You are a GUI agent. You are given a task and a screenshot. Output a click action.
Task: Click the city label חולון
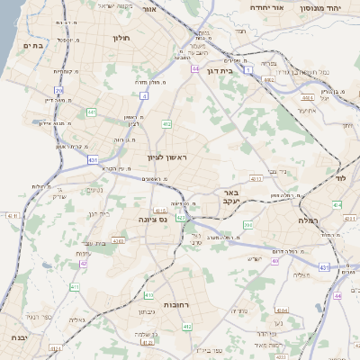point(122,39)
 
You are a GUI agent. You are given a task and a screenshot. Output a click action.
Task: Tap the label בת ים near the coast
point(33,45)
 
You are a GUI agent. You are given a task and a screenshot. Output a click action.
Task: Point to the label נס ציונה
point(153,219)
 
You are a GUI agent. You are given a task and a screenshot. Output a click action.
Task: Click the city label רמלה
point(309,220)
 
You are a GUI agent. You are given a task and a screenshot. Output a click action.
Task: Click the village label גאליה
point(76,319)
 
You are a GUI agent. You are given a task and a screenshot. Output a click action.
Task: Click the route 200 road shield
point(247,225)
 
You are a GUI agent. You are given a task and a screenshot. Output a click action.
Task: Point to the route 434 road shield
point(337,206)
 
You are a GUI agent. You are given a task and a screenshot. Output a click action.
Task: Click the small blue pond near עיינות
point(45,265)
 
